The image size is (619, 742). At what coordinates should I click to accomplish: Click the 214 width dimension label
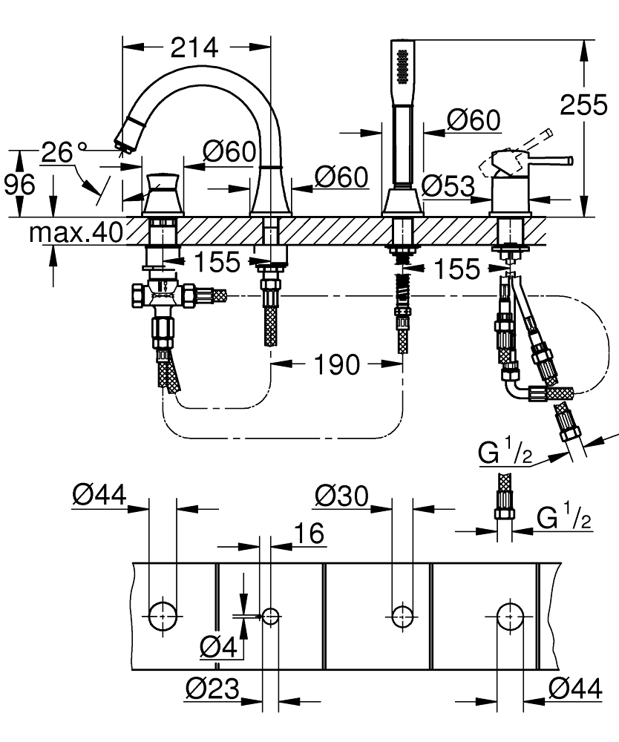(194, 48)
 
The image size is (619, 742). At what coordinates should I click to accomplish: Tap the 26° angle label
(59, 153)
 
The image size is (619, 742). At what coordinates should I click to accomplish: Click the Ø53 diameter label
(448, 185)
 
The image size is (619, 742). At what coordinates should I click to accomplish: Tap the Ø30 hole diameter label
(341, 496)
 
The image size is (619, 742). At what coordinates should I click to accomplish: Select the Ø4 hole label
(219, 648)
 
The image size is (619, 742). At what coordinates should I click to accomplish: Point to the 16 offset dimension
(310, 533)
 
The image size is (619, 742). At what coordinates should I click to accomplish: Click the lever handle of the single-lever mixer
(549, 160)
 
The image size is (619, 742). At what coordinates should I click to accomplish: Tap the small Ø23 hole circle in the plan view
(270, 615)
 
